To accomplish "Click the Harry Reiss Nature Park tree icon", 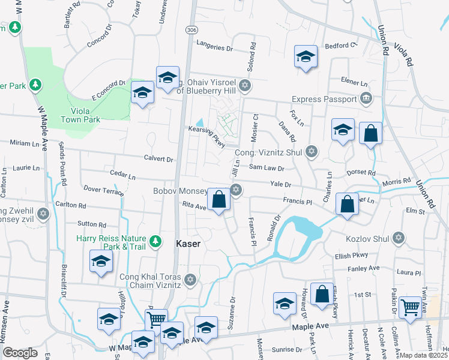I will [x=155, y=241].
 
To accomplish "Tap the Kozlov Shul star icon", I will [x=397, y=238].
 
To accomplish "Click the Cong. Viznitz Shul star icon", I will [x=311, y=151].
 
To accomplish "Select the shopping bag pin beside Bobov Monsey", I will [x=219, y=200].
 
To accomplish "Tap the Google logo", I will [x=20, y=353].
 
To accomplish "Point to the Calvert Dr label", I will [x=158, y=160].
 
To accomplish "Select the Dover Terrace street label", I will [x=104, y=190].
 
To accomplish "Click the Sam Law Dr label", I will [x=266, y=169].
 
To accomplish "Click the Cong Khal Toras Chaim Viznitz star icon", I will [x=190, y=280].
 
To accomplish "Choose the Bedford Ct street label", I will [x=342, y=46].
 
